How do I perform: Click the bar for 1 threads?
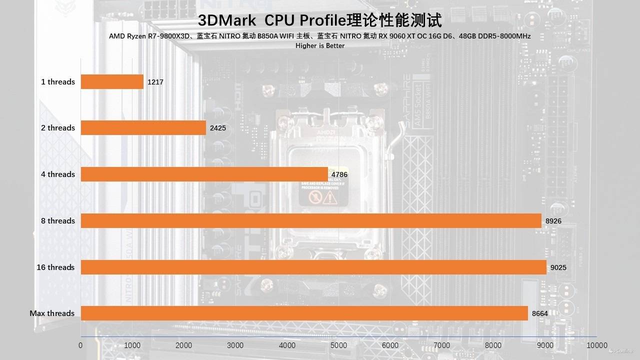click(112, 81)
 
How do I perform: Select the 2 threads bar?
click(143, 127)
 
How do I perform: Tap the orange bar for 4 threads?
click(204, 174)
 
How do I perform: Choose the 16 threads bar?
click(313, 267)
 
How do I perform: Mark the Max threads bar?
click(304, 313)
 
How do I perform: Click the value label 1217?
click(155, 82)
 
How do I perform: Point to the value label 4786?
click(339, 174)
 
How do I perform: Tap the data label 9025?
click(558, 267)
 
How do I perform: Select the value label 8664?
click(540, 313)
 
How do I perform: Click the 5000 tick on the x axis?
click(338, 345)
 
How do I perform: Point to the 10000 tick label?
click(596, 345)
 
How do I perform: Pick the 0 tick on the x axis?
click(80, 345)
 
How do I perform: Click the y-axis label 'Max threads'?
click(52, 313)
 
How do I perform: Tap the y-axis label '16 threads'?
click(55, 267)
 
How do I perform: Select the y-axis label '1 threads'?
click(58, 81)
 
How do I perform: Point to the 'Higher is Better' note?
click(320, 45)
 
